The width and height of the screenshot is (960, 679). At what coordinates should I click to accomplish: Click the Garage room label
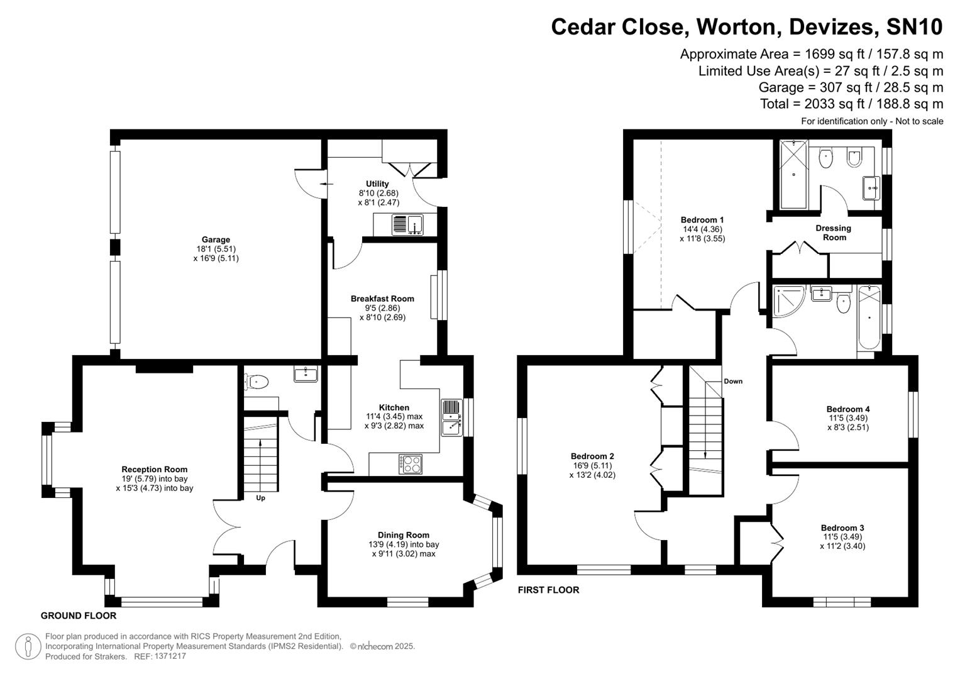point(216,240)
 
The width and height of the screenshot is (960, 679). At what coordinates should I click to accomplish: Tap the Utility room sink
point(408,224)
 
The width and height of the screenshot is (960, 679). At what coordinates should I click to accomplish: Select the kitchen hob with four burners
point(411,464)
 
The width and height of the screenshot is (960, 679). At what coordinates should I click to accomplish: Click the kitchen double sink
point(451,417)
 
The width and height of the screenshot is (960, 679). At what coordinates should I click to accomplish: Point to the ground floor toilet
point(258,381)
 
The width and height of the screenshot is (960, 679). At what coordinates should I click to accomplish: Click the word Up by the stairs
point(260,498)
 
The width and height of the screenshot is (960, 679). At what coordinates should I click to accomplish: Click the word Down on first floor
point(732,381)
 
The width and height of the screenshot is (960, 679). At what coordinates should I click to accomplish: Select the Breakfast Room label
point(382,299)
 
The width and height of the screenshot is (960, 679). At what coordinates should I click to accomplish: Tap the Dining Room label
point(403,535)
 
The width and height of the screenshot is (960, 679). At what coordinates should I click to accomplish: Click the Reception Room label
point(154,469)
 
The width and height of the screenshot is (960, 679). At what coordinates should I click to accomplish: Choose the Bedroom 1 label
point(702,219)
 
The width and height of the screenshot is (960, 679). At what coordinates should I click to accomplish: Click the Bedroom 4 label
point(847,409)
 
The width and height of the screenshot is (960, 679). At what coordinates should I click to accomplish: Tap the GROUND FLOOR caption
point(79,616)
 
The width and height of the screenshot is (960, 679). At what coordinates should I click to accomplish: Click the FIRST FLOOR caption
point(548,590)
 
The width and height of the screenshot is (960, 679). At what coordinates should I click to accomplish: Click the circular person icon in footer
point(28,646)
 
